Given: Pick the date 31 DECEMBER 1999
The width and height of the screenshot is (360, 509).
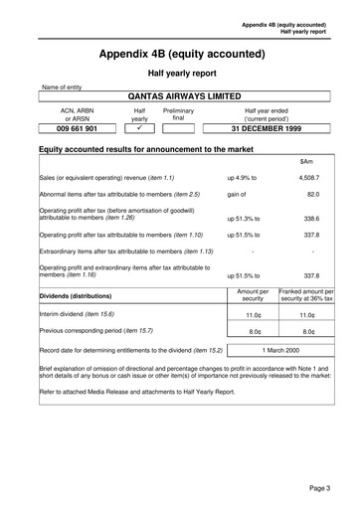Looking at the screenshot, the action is point(267,129).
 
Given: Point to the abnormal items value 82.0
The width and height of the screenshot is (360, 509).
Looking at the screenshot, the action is point(311,195).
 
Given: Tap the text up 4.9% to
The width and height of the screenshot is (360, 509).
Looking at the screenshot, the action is point(242,177).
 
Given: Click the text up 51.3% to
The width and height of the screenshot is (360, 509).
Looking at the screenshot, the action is point(244,217).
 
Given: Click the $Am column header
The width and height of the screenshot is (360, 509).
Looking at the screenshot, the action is point(306,161).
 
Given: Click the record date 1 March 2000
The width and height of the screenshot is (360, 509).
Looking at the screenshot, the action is point(279,351).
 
